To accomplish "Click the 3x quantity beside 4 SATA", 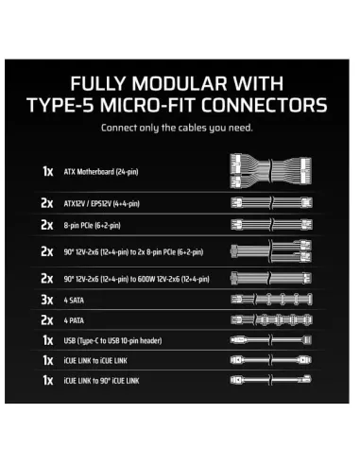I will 46,299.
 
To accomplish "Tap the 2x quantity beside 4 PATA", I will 46,320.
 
